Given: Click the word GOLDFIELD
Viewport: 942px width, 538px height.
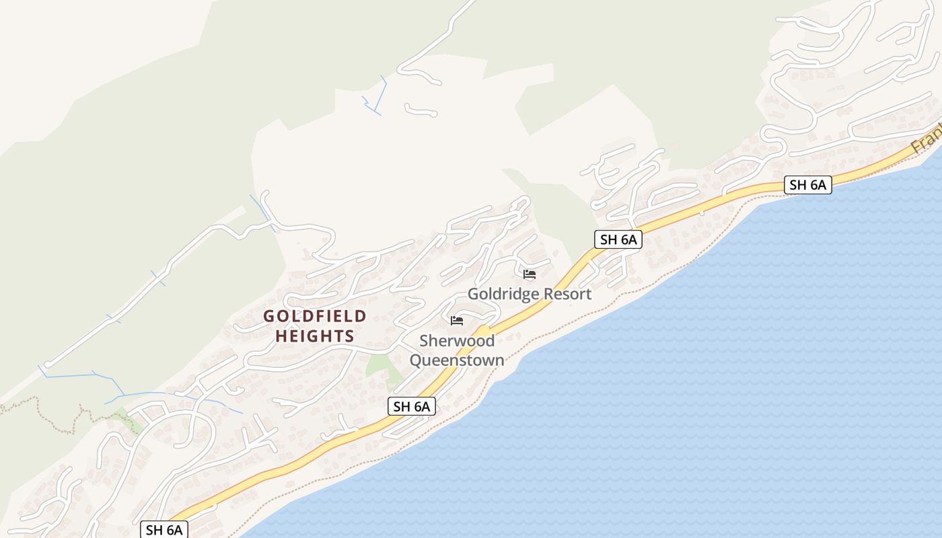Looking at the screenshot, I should click(315, 316).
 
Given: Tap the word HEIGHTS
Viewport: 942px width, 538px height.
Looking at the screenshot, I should click(315, 336).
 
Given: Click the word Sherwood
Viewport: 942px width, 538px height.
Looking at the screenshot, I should click(457, 341).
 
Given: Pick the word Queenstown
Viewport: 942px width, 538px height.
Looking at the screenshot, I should click(457, 360).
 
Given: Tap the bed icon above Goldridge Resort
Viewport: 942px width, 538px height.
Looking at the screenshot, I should click(530, 274).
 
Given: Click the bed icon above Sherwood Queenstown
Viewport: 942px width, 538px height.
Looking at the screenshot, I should click(457, 321).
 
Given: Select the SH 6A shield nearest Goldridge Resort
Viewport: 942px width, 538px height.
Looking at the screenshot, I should click(618, 239).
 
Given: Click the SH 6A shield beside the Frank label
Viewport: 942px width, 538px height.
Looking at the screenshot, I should click(807, 185).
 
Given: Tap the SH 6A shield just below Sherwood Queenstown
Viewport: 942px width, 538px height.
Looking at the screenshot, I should click(412, 406).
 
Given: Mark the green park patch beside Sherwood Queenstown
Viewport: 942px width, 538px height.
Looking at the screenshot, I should click(378, 367).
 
